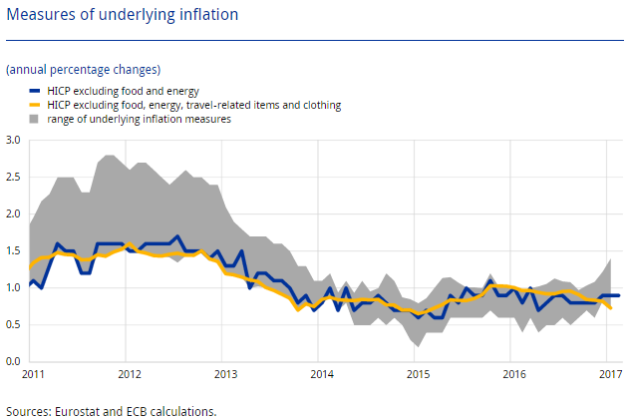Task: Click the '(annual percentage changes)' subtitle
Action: coord(83,70)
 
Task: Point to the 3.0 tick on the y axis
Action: coord(13,141)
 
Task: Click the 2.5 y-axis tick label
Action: coord(13,178)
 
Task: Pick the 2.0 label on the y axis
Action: coord(13,214)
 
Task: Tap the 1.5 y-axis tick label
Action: coord(13,250)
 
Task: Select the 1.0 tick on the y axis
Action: coord(13,287)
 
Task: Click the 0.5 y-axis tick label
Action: coord(13,324)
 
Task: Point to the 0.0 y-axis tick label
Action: coord(13,361)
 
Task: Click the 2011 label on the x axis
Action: coord(32,374)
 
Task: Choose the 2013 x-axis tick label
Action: coord(225,374)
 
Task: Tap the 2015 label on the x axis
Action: coord(418,374)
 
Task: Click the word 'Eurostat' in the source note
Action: coord(74,410)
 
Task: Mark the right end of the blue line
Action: coord(620,295)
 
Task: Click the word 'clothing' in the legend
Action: coord(319,104)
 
